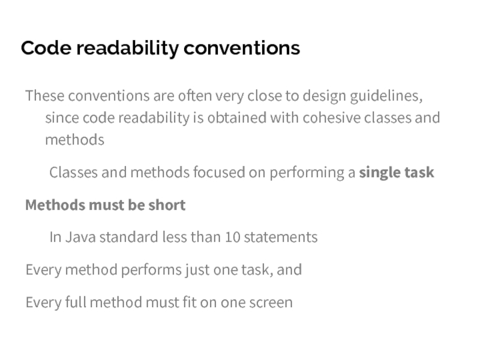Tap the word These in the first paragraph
[45, 96]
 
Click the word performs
[143, 270]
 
